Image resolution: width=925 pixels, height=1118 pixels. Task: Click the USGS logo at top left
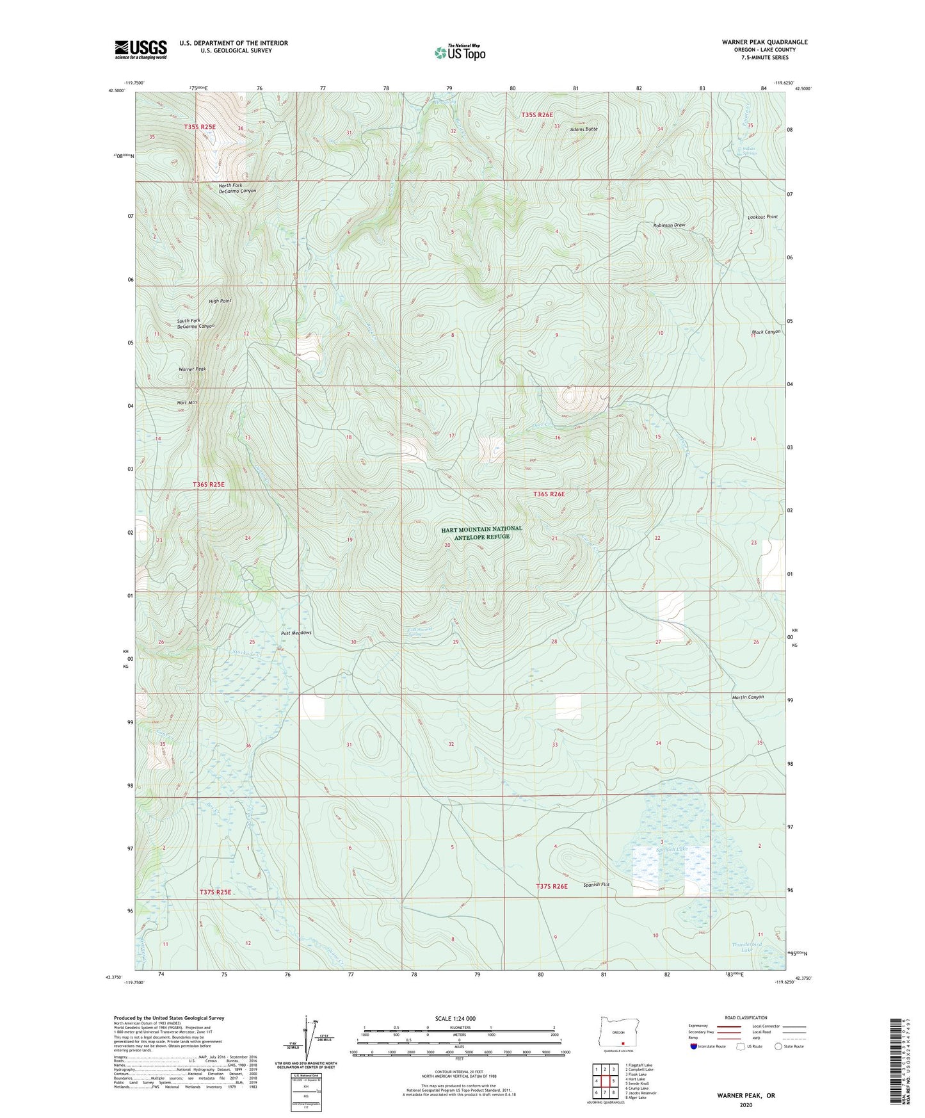[141, 49]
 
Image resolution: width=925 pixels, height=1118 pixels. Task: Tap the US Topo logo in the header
[460, 53]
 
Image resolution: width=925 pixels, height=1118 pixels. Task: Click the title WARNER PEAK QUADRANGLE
[764, 42]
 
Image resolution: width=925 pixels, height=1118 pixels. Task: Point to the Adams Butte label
[584, 129]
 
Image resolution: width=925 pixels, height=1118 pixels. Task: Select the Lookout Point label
[762, 217]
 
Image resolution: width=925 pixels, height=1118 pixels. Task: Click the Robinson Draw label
[669, 225]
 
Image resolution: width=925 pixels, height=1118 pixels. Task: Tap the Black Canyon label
[766, 332]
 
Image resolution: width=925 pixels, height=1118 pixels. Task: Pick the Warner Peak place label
[192, 369]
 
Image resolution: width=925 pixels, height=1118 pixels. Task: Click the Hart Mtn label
[187, 402]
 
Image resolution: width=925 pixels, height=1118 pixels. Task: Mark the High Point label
[220, 301]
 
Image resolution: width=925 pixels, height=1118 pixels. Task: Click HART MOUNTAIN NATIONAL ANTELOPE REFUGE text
[481, 533]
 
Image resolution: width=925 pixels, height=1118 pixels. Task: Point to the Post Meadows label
[296, 633]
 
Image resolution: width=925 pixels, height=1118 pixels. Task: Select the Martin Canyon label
[748, 697]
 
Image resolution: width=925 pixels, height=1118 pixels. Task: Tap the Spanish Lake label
[672, 850]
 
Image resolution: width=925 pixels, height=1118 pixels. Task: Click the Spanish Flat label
[596, 885]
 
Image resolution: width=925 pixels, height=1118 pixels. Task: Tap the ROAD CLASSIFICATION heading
[746, 1017]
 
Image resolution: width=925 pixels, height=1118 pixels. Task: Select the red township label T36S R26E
[549, 494]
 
